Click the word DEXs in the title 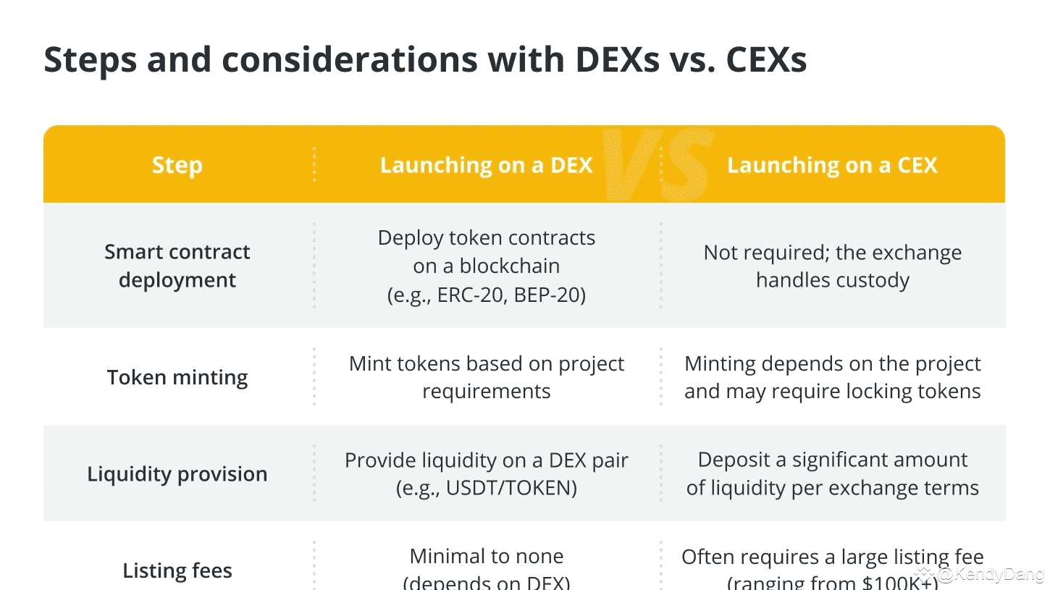(616, 59)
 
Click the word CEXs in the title (766, 59)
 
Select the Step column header (177, 165)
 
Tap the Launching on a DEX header (486, 165)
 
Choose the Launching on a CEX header (832, 165)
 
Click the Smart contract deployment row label (177, 266)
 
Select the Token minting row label (177, 377)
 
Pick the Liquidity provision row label (177, 474)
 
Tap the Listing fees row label (177, 570)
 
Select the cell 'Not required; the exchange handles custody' (833, 266)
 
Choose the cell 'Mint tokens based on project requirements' (486, 377)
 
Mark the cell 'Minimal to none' (486, 557)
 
